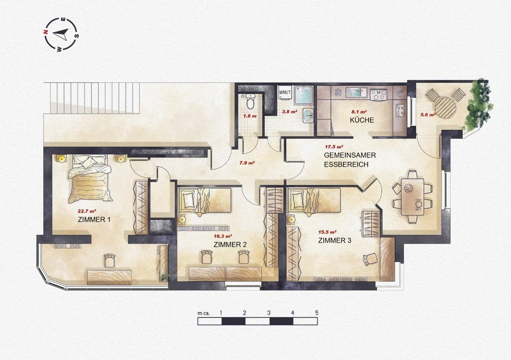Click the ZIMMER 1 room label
(x=94, y=219)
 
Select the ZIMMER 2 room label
(x=230, y=244)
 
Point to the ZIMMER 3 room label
(x=334, y=240)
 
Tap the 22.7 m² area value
(x=87, y=211)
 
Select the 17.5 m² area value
(x=334, y=147)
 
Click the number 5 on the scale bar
(x=317, y=312)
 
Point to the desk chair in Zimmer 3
(x=370, y=260)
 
